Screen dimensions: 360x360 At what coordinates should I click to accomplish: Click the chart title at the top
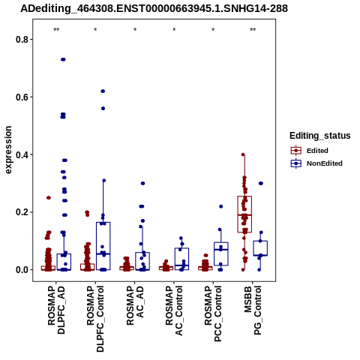[154, 8]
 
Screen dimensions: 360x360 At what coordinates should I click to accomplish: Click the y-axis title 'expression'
[8, 150]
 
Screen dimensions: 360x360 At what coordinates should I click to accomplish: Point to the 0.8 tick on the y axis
[21, 40]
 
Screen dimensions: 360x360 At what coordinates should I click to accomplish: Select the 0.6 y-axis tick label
[21, 97]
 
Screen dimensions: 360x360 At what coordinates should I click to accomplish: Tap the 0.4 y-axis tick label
[21, 154]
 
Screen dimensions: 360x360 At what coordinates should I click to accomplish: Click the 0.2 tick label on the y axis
[21, 212]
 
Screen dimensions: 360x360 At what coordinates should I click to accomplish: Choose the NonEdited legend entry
[316, 163]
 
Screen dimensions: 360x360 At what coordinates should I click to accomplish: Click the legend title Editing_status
[320, 136]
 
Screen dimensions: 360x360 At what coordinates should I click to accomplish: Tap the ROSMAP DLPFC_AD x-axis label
[56, 310]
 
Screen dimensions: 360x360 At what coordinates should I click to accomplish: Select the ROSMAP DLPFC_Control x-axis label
[95, 319]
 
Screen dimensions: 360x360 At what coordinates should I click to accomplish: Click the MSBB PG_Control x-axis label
[253, 310]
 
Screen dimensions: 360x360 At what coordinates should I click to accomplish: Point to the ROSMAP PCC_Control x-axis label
[213, 313]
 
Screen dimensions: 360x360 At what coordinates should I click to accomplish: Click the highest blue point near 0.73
[63, 59]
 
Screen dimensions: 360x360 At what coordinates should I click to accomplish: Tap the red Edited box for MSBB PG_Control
[244, 214]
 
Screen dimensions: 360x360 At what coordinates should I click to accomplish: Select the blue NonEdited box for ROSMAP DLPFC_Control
[103, 246]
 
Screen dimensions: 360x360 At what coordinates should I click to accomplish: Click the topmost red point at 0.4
[243, 154]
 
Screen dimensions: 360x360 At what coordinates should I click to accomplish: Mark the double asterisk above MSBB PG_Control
[253, 30]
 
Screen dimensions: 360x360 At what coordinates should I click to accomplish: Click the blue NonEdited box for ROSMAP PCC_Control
[221, 254]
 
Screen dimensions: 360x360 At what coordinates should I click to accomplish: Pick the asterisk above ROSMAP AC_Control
[174, 30]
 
